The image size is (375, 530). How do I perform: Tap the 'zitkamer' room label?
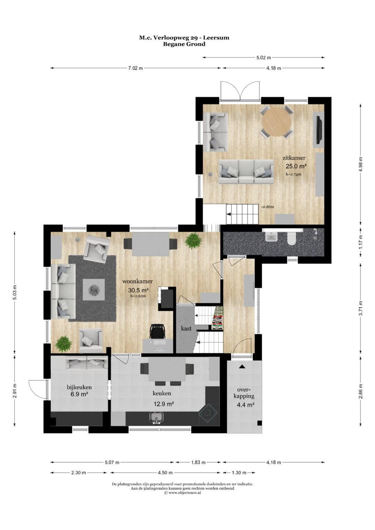[294, 158]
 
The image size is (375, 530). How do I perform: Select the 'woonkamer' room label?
[137, 281]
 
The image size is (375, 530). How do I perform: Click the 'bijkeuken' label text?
[79, 387]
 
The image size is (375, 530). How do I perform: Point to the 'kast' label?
[186, 328]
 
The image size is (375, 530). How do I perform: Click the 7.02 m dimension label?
[135, 68]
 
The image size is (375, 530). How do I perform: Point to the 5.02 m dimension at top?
[264, 58]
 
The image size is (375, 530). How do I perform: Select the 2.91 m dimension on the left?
[15, 389]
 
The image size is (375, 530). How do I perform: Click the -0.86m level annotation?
[267, 207]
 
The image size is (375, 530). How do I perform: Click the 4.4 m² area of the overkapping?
[245, 405]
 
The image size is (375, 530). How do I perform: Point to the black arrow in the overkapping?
[241, 367]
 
